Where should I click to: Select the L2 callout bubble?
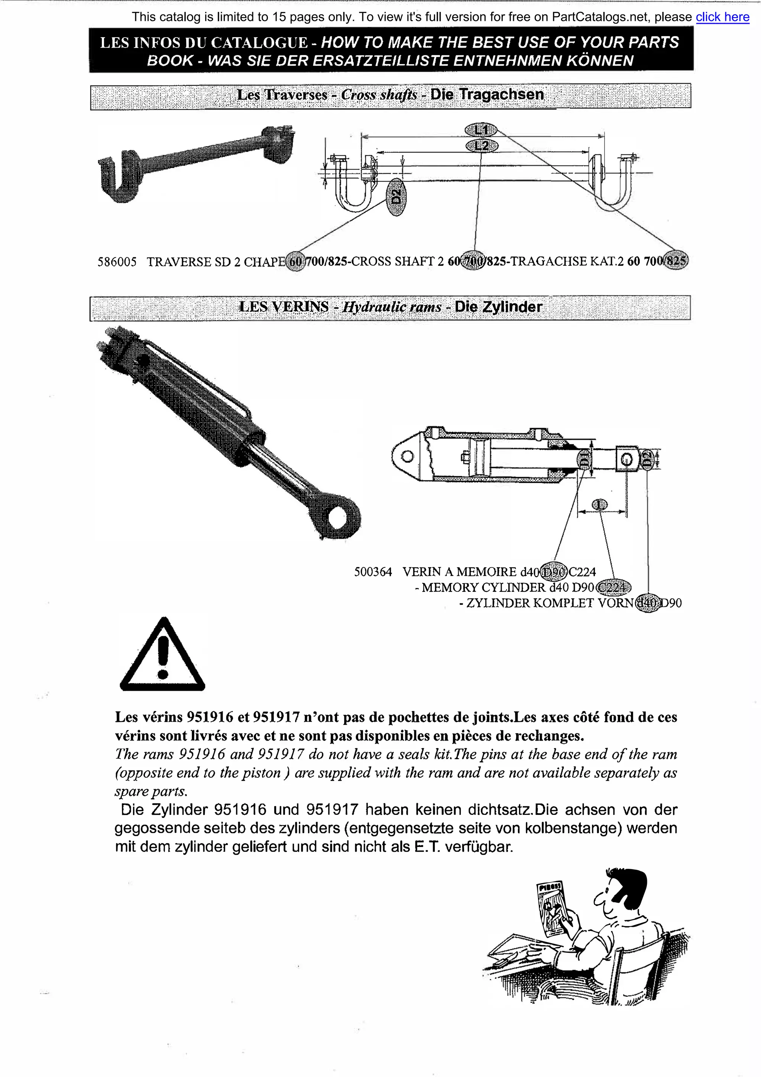[x=482, y=146]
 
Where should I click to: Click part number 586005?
[x=117, y=262]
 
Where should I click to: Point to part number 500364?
[x=373, y=572]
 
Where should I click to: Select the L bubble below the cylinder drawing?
[x=599, y=505]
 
